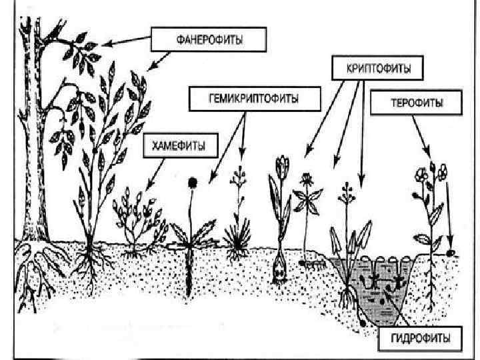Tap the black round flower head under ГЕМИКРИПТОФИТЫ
pyautogui.click(x=193, y=181)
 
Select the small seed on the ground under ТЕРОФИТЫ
pyautogui.click(x=451, y=253)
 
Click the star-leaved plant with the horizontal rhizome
pyautogui.click(x=307, y=200)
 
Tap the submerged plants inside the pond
pyautogui.click(x=383, y=283)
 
